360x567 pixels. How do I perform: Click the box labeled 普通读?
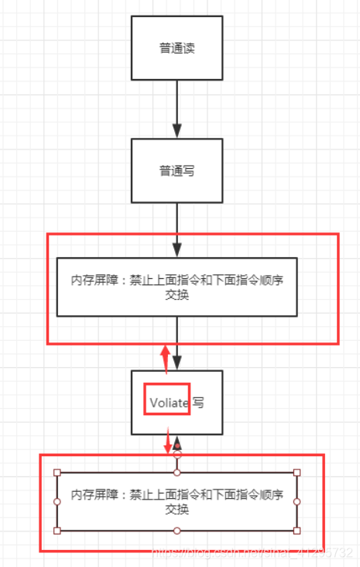click(177, 47)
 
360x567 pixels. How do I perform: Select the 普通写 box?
click(177, 171)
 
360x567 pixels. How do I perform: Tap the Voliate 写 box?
click(177, 403)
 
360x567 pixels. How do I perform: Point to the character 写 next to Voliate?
click(199, 404)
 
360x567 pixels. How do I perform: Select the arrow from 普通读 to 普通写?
click(177, 108)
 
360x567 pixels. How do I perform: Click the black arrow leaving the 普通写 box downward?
click(177, 229)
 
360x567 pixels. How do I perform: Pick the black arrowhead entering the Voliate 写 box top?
click(177, 363)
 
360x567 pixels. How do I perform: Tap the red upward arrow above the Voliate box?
click(165, 359)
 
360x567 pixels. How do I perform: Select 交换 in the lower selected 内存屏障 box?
click(177, 510)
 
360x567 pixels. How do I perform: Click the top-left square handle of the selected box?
click(57, 472)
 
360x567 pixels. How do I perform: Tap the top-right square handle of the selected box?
click(297, 472)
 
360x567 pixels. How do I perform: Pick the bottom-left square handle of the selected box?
click(57, 531)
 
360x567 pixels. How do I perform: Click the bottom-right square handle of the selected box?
click(297, 531)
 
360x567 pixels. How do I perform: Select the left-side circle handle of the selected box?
click(57, 501)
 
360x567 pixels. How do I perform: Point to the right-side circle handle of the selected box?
click(297, 501)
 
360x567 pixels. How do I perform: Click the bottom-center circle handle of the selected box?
click(177, 531)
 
